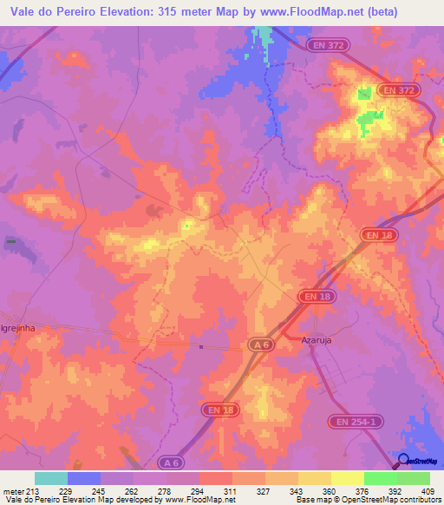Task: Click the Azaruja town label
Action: (x=317, y=341)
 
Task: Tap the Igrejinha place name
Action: (x=16, y=330)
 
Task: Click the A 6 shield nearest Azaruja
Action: (x=259, y=345)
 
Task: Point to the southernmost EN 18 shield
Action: (x=221, y=408)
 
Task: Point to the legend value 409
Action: (x=428, y=489)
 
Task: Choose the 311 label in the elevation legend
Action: (x=232, y=489)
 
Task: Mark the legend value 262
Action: (x=133, y=489)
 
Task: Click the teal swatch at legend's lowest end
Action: (x=51, y=477)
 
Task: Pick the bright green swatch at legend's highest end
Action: (x=414, y=477)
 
